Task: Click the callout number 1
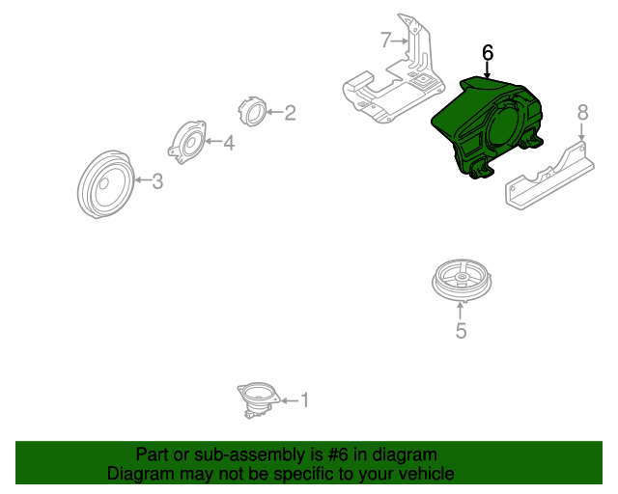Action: coord(305,399)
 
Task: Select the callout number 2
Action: coord(290,113)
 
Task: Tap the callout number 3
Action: coord(157,181)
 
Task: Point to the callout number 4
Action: coord(229,143)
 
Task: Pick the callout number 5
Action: coord(462,331)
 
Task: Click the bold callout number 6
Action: coord(488,52)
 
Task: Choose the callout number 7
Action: coord(386,40)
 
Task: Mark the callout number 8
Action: coord(582,112)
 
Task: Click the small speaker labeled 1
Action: coord(258,399)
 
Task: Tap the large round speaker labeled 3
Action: coord(106,184)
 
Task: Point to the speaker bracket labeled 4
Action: coord(187,142)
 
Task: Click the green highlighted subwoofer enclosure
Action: coord(487,126)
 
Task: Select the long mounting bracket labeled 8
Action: coord(549,176)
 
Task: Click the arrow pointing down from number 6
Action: coord(488,69)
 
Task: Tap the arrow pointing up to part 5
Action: coord(460,311)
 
